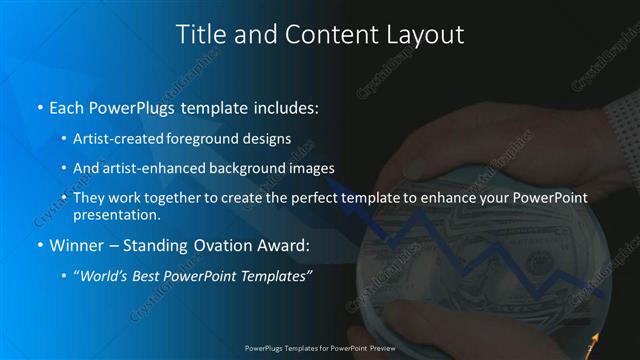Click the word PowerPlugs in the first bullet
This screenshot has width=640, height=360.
(x=126, y=105)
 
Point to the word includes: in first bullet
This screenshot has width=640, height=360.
(x=285, y=105)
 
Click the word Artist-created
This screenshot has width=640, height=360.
(x=117, y=137)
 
